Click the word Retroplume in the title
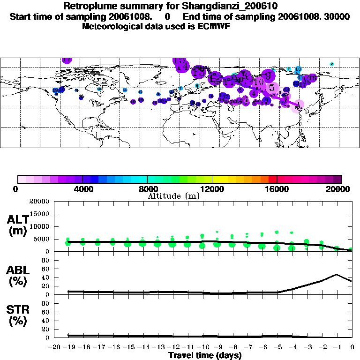click(x=88, y=7)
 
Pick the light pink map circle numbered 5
click(x=271, y=87)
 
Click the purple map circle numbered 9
click(x=268, y=75)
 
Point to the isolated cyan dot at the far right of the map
click(x=331, y=64)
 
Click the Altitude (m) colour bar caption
click(x=173, y=196)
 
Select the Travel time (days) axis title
click(x=205, y=355)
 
